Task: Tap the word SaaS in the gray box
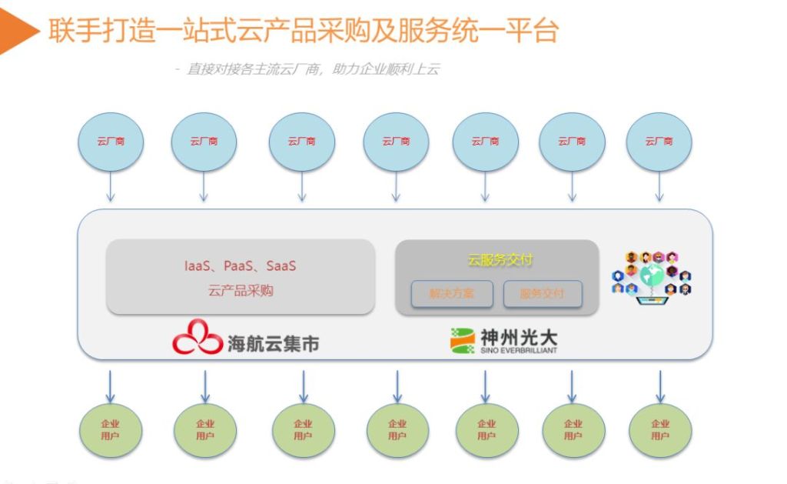point(281,266)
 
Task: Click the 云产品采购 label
point(240,291)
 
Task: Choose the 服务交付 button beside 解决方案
point(542,293)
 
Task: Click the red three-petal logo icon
point(197,337)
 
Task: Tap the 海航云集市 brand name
point(273,342)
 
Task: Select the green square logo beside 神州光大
point(462,340)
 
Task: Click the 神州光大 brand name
point(519,336)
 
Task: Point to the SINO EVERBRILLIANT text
point(519,350)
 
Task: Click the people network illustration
point(652,275)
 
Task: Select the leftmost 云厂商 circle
point(111,142)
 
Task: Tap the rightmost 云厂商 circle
point(659,142)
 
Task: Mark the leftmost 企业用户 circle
point(111,429)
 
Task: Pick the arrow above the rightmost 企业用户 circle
point(659,386)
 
